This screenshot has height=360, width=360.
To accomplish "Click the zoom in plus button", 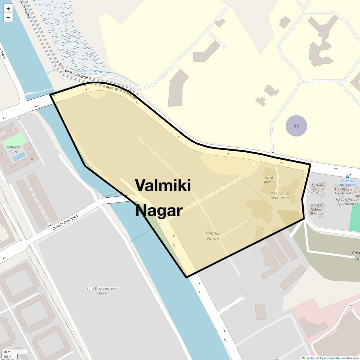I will tap(8, 9).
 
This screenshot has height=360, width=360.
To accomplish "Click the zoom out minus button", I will tap(8, 17).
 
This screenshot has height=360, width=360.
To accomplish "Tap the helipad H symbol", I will tap(296, 126).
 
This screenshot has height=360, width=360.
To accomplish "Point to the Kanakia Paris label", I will tap(13, 149).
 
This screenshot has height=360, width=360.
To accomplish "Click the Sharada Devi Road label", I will tap(64, 223).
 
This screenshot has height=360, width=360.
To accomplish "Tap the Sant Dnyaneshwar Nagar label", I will tap(102, 291).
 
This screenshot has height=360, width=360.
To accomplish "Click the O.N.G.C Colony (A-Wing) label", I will tap(318, 189).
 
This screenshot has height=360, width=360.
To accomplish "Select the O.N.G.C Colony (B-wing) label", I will tap(316, 209).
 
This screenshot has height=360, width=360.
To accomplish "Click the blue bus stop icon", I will tap(347, 177).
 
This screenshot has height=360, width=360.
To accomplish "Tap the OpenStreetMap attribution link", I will tap(330, 358).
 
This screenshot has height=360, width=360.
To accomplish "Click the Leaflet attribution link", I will tap(310, 358).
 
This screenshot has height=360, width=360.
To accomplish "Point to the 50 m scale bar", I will tap(15, 352).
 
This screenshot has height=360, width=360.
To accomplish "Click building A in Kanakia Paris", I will tap(29, 149).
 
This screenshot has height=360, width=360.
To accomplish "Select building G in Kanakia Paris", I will tap(12, 131).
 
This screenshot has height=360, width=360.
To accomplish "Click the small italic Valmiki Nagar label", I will tap(213, 236).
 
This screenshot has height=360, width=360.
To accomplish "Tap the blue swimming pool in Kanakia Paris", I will tap(19, 157).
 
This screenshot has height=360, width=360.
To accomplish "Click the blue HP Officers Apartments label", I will tap(347, 183).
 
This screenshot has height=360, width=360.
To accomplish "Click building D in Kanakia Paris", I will tap(10, 167).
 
